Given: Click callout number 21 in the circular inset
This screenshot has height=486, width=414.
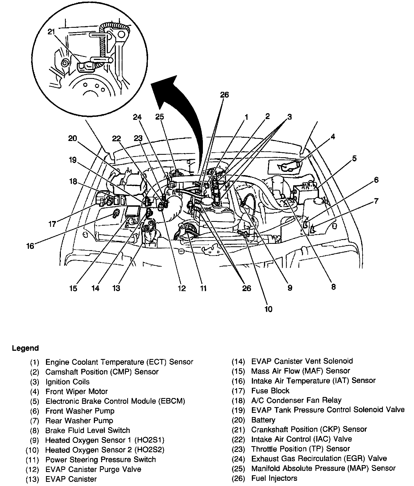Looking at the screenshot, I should point(51,32).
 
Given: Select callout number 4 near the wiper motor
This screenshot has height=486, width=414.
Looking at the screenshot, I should point(333,136).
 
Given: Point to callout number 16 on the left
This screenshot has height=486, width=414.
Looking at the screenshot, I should point(30,245).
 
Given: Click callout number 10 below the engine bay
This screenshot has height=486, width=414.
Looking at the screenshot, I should point(268,309).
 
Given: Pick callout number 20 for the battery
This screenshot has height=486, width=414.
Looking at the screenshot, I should point(72,138).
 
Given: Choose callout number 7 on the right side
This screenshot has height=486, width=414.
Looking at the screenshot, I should point(376,201).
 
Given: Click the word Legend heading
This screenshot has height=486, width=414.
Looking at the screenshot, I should point(25,348).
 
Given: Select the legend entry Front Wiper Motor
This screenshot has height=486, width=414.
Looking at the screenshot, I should point(77,391).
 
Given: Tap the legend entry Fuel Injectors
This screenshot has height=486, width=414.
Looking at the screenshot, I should point(274,478).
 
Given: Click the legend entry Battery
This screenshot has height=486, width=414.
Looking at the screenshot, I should point(263,420).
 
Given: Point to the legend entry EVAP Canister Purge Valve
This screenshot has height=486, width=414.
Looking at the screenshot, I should point(93,469).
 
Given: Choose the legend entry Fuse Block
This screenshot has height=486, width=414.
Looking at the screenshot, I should point(270,391).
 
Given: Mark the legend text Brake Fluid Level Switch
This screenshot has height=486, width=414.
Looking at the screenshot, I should point(88,430).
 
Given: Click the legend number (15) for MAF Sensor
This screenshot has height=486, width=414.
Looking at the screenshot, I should point(238,371).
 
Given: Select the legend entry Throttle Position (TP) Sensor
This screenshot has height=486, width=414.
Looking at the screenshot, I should point(300,449).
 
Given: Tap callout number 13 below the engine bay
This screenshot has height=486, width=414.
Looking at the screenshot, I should point(116,288).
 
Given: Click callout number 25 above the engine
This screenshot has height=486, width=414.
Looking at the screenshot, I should point(159,117).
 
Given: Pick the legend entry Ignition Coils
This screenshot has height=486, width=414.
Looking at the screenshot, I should point(67,382).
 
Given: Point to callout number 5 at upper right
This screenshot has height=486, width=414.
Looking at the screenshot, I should point(354,158).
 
